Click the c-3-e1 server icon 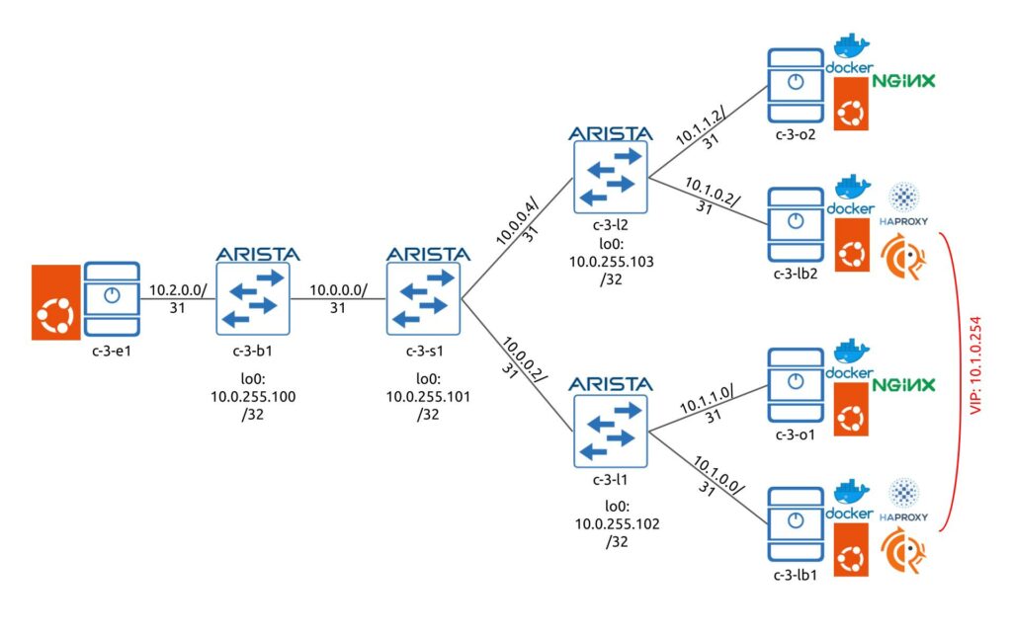112,298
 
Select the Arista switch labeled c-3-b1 252,298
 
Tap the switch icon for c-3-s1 423,298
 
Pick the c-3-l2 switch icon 610,178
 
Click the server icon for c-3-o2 796,86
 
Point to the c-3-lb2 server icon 796,224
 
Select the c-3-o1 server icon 796,385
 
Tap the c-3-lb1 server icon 796,524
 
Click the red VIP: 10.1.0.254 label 975,365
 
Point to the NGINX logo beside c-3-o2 903,81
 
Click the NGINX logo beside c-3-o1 903,385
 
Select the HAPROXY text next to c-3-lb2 903,221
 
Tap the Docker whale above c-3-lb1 852,492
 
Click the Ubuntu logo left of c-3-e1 56,302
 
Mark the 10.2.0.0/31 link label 178,298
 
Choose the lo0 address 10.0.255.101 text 428,397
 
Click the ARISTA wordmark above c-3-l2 610,133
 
